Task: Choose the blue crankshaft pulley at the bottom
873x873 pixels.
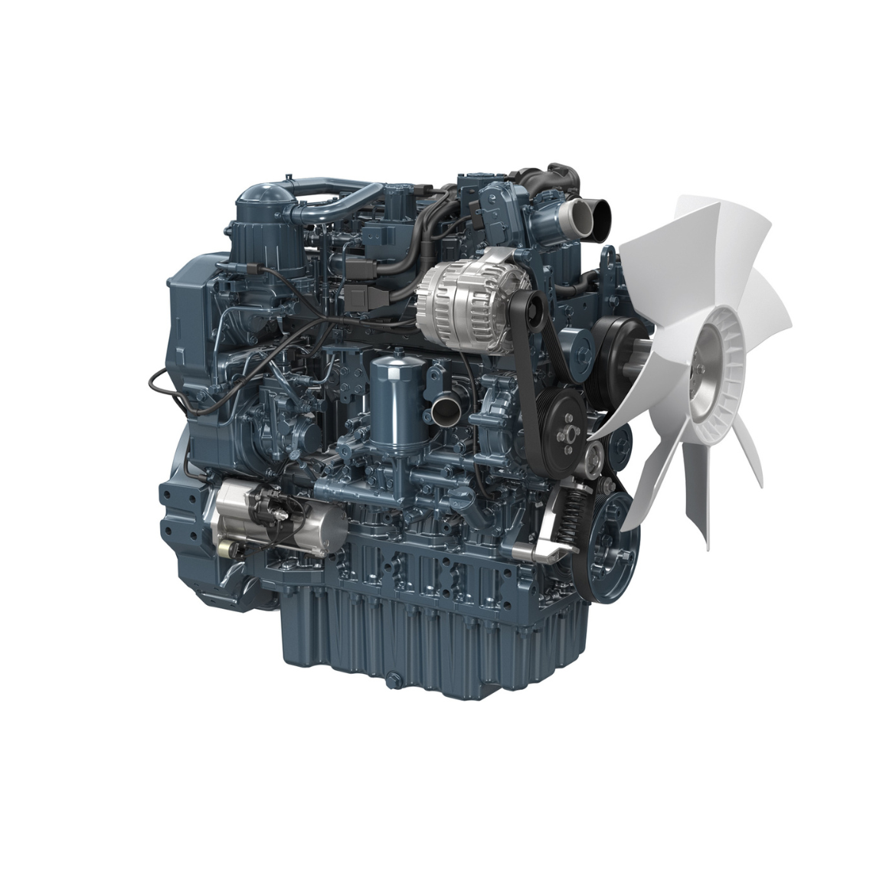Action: click(x=609, y=544)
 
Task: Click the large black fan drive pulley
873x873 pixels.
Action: click(x=616, y=348)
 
